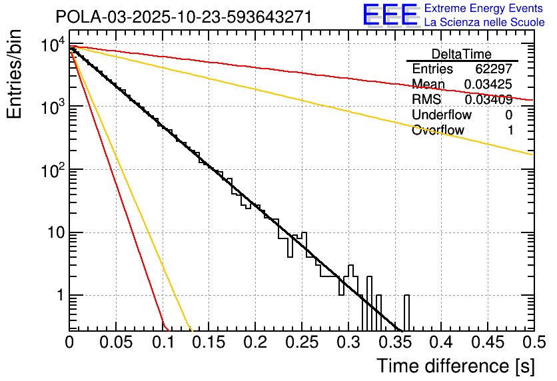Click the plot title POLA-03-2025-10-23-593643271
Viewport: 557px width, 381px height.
tap(183, 17)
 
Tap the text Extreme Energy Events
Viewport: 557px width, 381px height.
tap(484, 9)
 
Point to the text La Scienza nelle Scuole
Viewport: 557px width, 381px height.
tap(484, 23)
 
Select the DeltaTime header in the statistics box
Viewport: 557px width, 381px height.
tap(461, 54)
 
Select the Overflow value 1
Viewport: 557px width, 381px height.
tap(510, 131)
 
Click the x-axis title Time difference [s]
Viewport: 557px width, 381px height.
tap(454, 366)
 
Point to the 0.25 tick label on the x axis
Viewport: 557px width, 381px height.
tap(301, 342)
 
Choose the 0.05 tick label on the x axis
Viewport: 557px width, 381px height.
tap(116, 342)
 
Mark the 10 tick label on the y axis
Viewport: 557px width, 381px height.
tap(54, 233)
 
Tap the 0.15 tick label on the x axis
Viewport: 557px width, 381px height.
tap(209, 342)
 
